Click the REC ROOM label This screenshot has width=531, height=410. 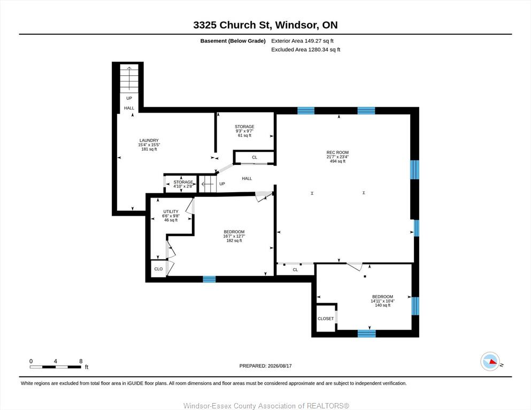click(337, 153)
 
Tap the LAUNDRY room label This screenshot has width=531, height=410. click(149, 140)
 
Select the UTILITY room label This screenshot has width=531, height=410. click(171, 211)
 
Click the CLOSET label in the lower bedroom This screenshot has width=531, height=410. click(326, 318)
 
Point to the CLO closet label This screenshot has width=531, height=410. click(158, 269)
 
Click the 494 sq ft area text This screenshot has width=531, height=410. click(337, 161)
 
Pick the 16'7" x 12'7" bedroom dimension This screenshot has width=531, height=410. click(234, 236)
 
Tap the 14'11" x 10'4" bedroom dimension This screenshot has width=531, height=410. click(383, 301)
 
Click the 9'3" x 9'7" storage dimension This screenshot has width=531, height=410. click(244, 131)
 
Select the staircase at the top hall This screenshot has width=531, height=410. click(129, 78)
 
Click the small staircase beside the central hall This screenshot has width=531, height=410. click(207, 184)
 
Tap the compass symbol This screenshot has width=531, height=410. click(490, 361)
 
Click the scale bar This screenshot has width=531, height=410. click(56, 367)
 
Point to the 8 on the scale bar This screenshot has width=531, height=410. click(81, 361)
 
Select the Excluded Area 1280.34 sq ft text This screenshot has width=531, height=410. click(305, 50)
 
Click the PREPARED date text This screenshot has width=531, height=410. click(265, 366)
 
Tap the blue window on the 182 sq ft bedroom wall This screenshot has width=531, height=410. click(209, 279)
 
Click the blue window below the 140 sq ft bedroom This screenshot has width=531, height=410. click(367, 334)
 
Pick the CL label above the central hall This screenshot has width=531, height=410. click(255, 157)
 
